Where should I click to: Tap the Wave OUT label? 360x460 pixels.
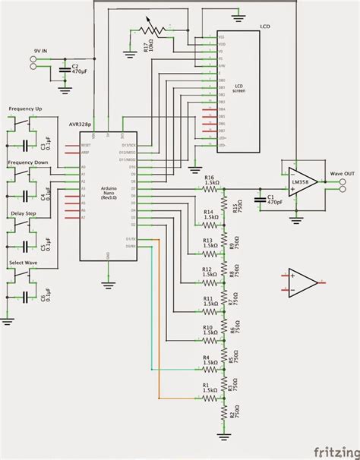(x=341, y=174)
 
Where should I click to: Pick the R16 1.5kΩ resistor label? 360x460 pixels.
(x=211, y=180)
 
